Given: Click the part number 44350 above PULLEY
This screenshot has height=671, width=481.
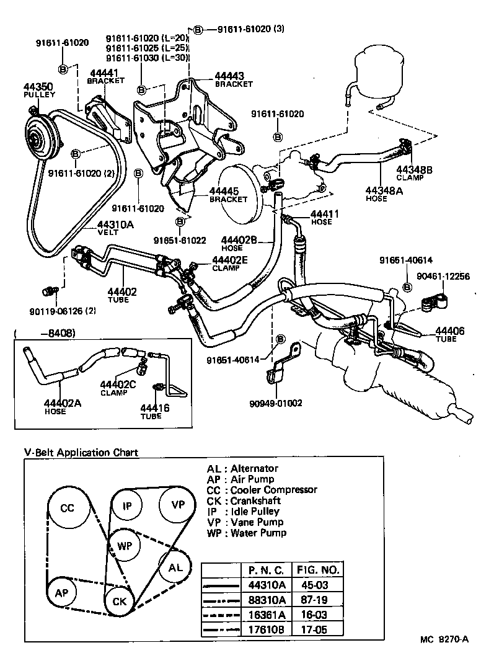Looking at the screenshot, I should (38, 86).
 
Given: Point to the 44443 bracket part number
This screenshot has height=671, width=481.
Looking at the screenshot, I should (229, 76).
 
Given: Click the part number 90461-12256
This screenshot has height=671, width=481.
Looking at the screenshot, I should (443, 277).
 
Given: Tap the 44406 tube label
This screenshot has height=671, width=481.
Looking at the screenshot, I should (449, 331).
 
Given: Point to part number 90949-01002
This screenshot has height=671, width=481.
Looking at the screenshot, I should (276, 403).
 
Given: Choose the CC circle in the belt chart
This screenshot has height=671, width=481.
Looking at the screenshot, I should (67, 508).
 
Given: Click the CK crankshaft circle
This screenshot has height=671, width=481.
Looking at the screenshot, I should (119, 600).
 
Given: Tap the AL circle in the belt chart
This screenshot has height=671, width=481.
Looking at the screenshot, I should (175, 567).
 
